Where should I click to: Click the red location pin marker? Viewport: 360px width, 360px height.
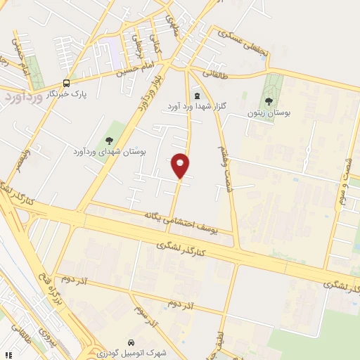(181, 165)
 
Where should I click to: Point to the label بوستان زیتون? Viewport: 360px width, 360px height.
(268, 112)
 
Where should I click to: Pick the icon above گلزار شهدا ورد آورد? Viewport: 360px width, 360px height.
(196, 95)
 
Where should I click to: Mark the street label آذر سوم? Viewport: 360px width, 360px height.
(148, 318)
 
